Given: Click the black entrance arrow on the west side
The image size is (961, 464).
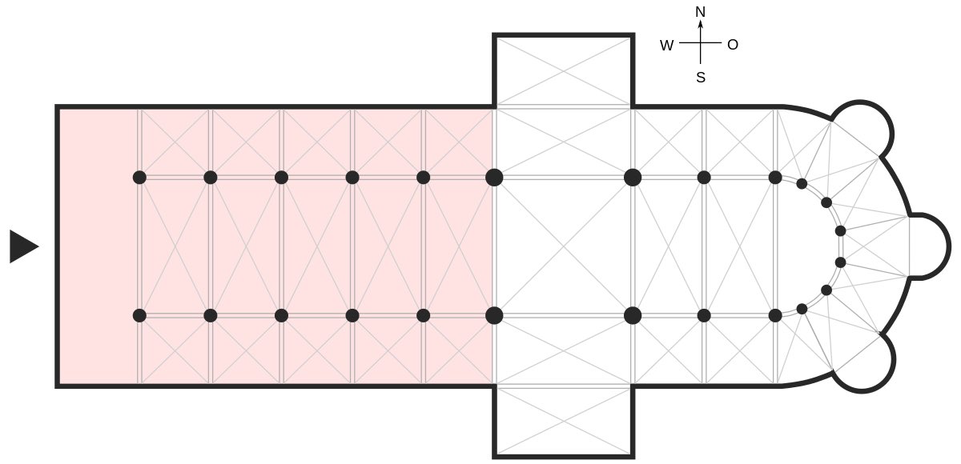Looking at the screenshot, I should tap(23, 246).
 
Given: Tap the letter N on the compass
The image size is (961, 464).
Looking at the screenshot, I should tap(700, 12).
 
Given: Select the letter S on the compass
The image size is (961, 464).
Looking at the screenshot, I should tap(700, 78).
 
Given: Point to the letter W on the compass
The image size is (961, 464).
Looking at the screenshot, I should tap(666, 46).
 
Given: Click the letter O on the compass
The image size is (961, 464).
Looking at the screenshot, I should tap(732, 45).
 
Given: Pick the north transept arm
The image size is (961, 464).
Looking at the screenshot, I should tap(563, 70).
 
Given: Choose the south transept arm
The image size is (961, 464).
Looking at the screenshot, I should tap(563, 422).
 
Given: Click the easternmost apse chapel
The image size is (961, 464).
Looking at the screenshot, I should tap(929, 246).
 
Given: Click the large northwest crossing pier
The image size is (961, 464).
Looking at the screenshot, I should tap(494, 177).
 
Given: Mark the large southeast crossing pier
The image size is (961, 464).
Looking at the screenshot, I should tap(633, 315).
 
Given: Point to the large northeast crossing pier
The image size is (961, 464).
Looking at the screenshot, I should tap(633, 177).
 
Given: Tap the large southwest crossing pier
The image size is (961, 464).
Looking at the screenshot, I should tap(494, 315).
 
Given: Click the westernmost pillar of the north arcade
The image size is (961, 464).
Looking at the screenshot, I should tap(139, 177).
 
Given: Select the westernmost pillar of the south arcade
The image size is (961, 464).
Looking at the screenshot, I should tap(139, 315).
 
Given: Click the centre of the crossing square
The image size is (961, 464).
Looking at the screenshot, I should tap(563, 246).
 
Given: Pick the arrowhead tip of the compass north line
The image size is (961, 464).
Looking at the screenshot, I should tap(700, 22).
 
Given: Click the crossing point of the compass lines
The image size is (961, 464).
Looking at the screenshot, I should tap(700, 43).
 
